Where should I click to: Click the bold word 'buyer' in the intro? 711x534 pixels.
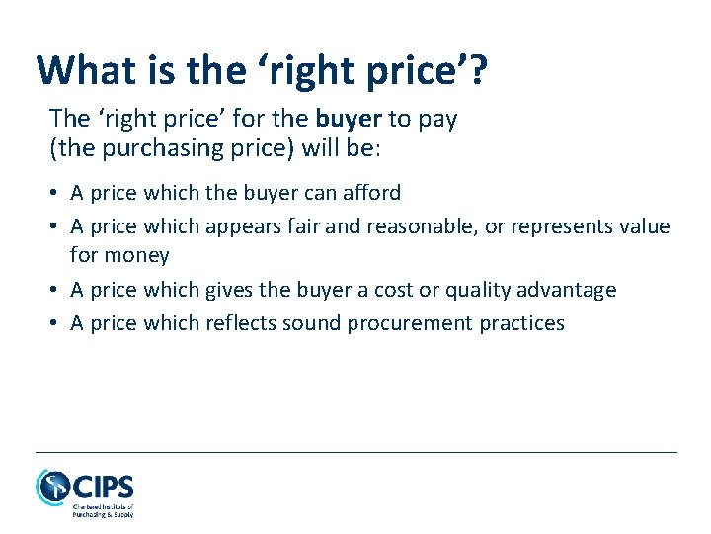pyautogui.click(x=350, y=119)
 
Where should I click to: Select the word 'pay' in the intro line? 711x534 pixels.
pyautogui.click(x=437, y=121)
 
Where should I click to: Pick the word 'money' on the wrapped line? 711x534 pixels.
pyautogui.click(x=137, y=256)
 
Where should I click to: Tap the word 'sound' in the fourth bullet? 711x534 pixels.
pyautogui.click(x=341, y=323)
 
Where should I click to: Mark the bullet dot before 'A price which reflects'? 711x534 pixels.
pyautogui.click(x=55, y=323)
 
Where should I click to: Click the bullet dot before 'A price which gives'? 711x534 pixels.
pyautogui.click(x=55, y=290)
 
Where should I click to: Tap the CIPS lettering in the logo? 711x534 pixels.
pyautogui.click(x=104, y=488)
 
